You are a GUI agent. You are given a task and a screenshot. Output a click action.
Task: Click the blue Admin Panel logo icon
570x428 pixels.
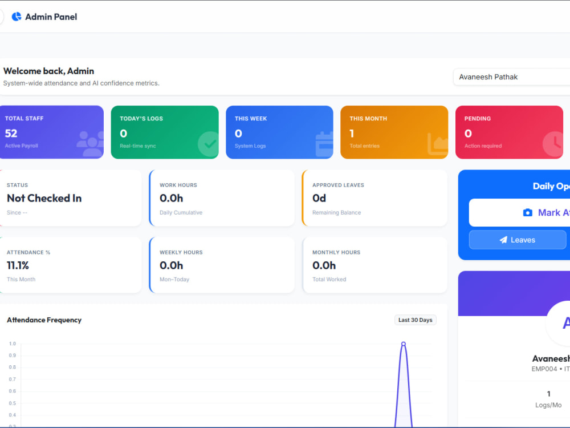[x=17, y=17]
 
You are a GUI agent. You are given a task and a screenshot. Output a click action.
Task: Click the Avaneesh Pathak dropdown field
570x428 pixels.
[x=511, y=77]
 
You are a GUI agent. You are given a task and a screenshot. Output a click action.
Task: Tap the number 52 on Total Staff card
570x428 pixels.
[x=11, y=133]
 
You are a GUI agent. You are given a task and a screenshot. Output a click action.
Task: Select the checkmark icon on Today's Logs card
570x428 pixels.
[x=209, y=144]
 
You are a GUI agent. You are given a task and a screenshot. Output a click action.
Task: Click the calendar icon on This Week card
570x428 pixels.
[x=324, y=144]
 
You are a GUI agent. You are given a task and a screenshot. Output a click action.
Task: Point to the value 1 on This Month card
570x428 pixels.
[x=352, y=133]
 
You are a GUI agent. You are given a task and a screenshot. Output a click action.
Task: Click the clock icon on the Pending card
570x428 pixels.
[x=553, y=144]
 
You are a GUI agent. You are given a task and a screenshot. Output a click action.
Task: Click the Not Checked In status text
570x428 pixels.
[x=44, y=198]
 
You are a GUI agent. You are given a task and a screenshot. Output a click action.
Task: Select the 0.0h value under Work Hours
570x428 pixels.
[x=171, y=198]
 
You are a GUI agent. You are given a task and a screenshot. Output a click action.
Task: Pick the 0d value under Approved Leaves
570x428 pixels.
[x=319, y=198]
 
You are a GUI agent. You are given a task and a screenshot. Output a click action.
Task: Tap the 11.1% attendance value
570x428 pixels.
[x=18, y=265]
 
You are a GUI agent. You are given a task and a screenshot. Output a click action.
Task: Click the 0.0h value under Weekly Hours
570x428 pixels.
[x=171, y=265]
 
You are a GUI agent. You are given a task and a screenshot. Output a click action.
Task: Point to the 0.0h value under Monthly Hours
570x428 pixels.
[x=324, y=265]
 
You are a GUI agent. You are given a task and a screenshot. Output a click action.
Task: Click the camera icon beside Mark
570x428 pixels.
[x=527, y=212]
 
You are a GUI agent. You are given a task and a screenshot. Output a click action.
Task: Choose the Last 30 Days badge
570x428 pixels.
[x=416, y=320]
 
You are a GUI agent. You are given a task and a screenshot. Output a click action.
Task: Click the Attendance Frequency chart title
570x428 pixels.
[x=44, y=320]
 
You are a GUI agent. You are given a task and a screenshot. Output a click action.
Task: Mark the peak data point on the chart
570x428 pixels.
[x=404, y=344]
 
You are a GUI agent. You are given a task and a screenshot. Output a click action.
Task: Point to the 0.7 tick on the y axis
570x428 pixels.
[x=13, y=379]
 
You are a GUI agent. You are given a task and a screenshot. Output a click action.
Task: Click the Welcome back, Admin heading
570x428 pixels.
[x=48, y=71]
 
